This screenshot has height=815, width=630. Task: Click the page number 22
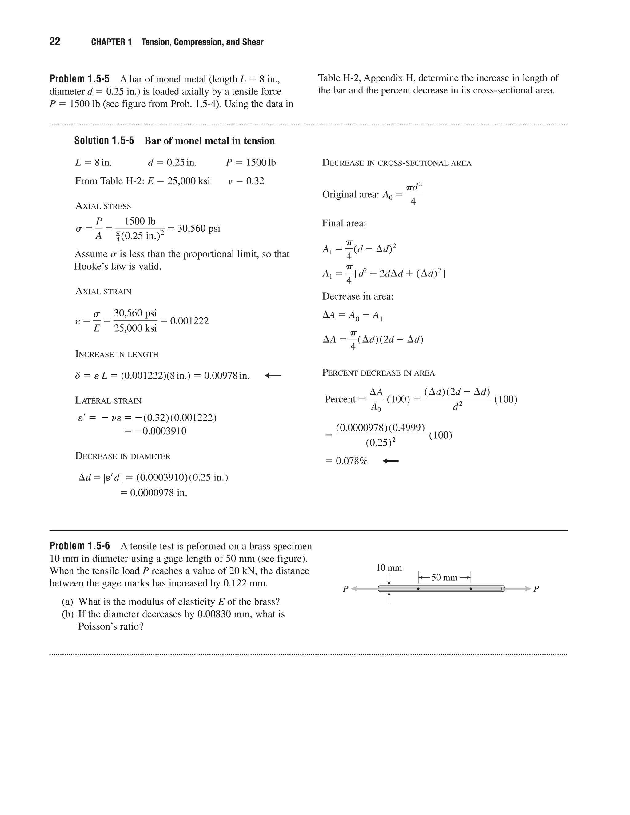coord(54,42)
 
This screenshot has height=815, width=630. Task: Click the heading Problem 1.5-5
coord(79,79)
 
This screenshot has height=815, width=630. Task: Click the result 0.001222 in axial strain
coord(189,321)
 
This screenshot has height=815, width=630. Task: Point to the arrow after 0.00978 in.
coord(273,376)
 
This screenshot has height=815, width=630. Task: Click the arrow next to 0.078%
coord(390,461)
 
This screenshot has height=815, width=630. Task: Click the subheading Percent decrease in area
coord(378,373)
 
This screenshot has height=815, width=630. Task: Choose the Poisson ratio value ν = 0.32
coord(246,181)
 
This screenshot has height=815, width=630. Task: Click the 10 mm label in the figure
coord(389,568)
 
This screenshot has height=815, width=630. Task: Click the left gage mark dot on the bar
coord(418,589)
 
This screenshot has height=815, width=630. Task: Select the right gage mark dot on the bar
coord(471,589)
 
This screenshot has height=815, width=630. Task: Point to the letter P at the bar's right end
coord(536,589)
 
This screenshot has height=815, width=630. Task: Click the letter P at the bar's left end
coord(345,589)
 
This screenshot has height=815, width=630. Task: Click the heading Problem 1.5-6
coord(79,546)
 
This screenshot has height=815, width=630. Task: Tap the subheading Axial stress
coord(103,206)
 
